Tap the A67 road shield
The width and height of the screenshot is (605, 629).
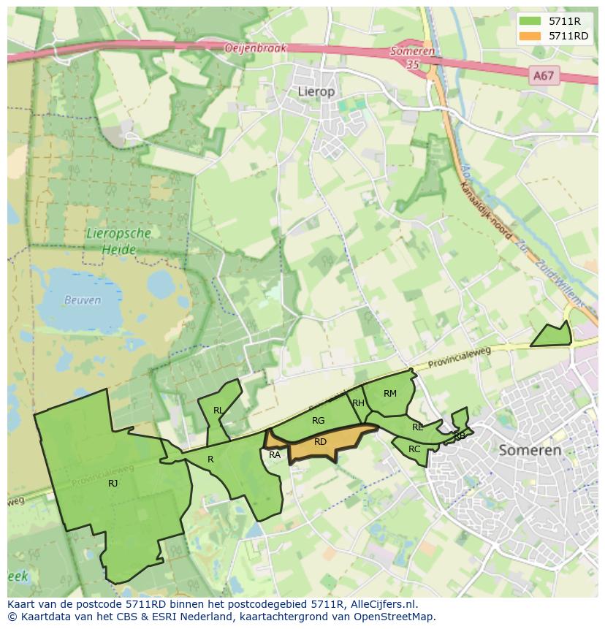(543, 75)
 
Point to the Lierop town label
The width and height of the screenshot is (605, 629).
(316, 91)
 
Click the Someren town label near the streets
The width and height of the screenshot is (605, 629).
(530, 450)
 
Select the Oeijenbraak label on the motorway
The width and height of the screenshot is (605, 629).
(255, 48)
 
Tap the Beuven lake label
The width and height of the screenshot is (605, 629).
(83, 300)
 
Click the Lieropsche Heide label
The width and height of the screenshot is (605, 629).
(118, 241)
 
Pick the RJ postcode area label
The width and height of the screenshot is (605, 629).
(113, 483)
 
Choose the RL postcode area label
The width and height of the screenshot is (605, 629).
(218, 411)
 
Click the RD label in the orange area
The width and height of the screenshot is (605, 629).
(320, 442)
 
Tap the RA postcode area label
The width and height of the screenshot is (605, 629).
(275, 455)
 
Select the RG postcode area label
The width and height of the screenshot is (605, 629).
(318, 421)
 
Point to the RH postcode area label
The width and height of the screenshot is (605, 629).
(358, 403)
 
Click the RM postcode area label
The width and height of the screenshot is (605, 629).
(390, 394)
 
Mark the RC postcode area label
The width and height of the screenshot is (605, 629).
(414, 449)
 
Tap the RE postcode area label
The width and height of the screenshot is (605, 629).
(417, 427)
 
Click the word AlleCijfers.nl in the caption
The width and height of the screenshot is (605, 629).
(381, 604)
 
